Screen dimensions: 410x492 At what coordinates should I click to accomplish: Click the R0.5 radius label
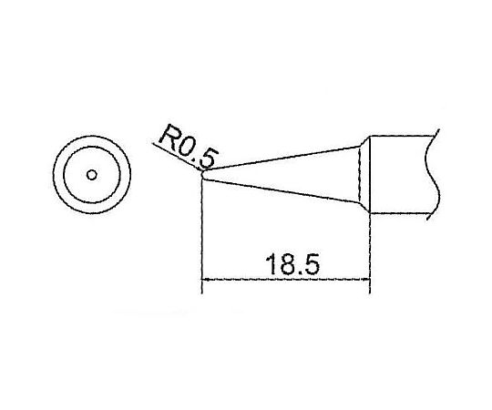(185, 146)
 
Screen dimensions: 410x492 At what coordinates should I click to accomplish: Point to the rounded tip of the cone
(204, 176)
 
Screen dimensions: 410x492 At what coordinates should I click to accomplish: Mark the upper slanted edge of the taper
(282, 159)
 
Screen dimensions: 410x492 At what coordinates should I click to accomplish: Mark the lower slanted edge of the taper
(282, 194)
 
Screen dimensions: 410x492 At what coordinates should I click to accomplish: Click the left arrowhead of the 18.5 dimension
(206, 281)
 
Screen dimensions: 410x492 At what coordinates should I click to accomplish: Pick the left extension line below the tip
(200, 237)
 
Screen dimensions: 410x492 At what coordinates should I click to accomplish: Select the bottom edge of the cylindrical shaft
(401, 216)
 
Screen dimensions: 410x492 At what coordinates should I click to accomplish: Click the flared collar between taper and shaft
(363, 175)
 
